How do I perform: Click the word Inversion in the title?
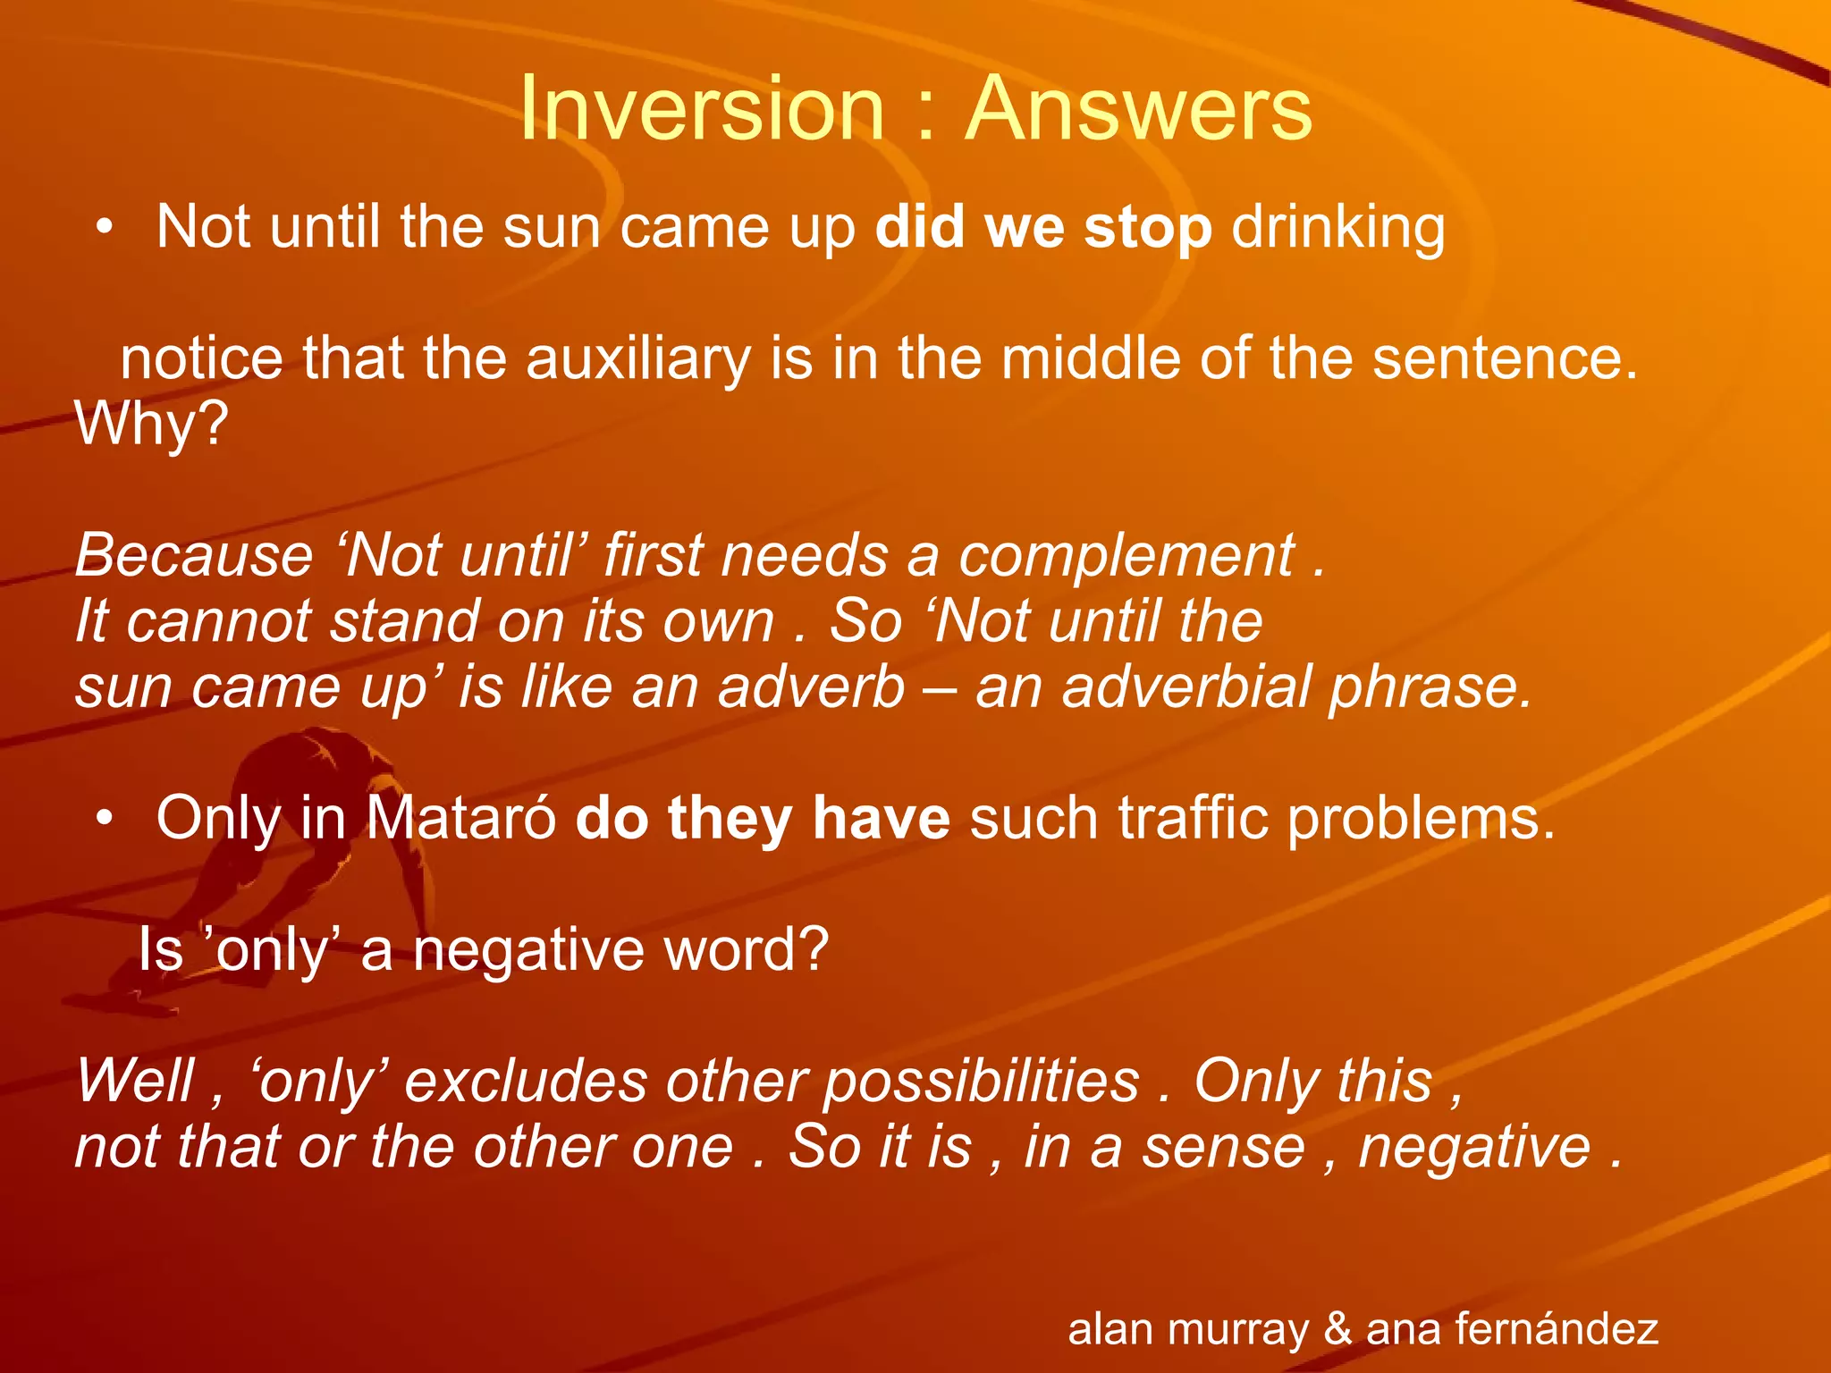pyautogui.click(x=701, y=109)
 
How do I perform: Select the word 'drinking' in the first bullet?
pyautogui.click(x=1337, y=228)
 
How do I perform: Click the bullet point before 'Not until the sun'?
pyautogui.click(x=105, y=228)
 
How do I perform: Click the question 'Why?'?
pyautogui.click(x=152, y=424)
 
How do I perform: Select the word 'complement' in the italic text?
pyautogui.click(x=1126, y=556)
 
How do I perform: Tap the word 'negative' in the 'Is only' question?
pyautogui.click(x=528, y=950)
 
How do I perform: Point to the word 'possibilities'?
pyautogui.click(x=981, y=1082)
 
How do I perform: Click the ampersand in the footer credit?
pyautogui.click(x=1337, y=1328)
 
